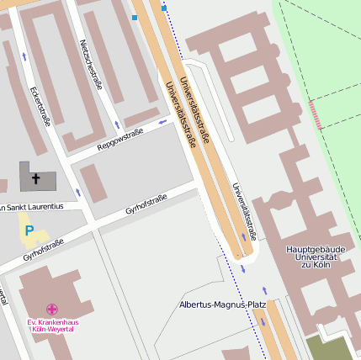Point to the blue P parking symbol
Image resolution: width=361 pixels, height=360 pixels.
(x=29, y=230)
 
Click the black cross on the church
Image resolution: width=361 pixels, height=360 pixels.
(x=35, y=179)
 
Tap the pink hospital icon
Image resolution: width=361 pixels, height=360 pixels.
(x=52, y=310)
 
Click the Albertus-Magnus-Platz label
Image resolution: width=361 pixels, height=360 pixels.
(x=221, y=304)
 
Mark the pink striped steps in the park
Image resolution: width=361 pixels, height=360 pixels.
(x=316, y=114)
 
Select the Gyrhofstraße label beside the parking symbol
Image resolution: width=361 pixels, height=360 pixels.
(x=44, y=247)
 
